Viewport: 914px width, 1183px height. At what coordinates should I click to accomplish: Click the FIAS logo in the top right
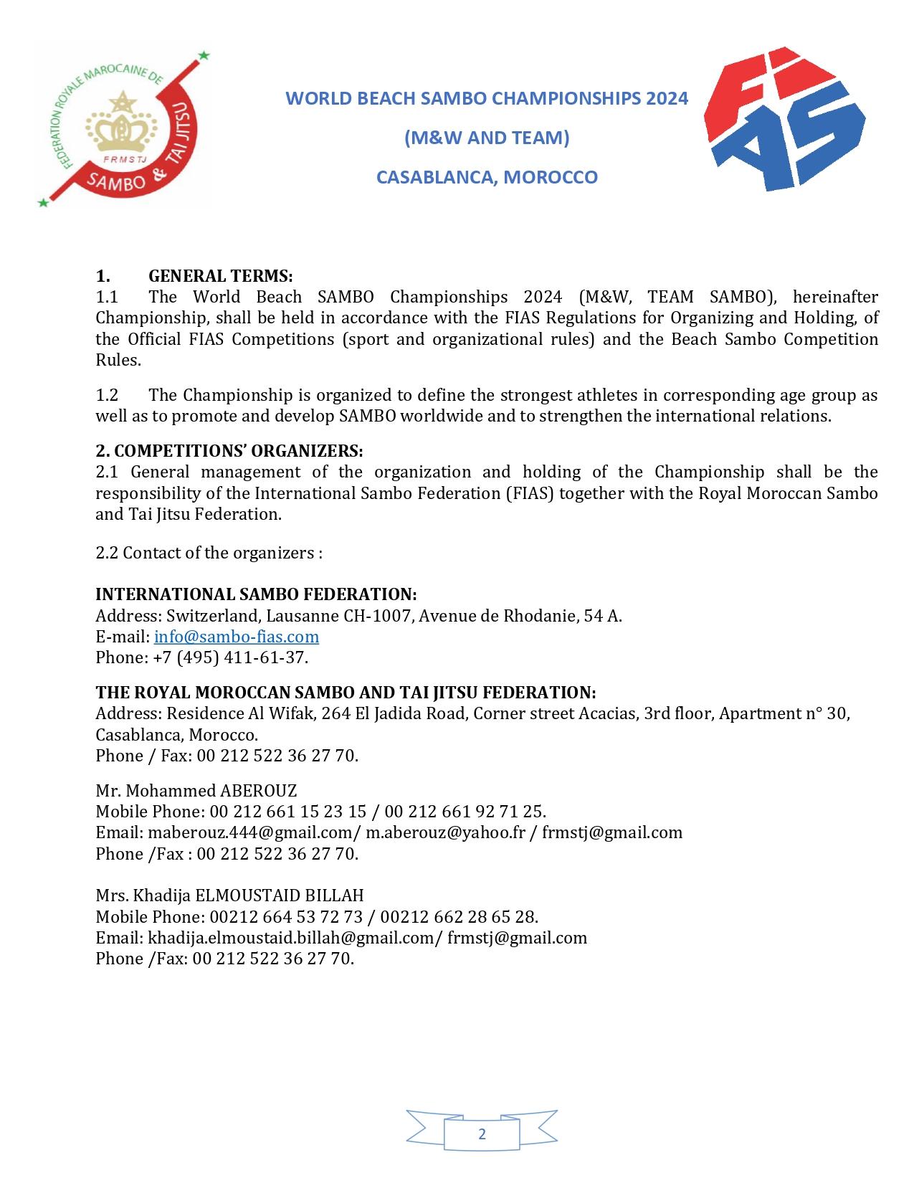[786, 119]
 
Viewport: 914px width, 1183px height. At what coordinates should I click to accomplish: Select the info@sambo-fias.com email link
[237, 637]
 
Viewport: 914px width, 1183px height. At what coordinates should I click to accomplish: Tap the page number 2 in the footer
[482, 1134]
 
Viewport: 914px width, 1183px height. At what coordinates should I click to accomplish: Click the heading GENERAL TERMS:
[220, 276]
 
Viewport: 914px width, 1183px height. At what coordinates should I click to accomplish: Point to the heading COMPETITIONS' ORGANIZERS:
[229, 451]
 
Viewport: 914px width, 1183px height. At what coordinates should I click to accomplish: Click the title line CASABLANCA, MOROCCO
[487, 177]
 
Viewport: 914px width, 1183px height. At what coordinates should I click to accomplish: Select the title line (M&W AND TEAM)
[487, 138]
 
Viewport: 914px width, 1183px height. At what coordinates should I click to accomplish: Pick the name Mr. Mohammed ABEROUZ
[196, 791]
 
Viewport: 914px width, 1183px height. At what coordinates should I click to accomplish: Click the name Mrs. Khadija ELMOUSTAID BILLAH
[229, 895]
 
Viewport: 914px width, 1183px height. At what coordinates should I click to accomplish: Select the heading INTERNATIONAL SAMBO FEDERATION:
[256, 594]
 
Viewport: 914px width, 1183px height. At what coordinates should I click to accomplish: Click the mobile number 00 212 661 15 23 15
[287, 812]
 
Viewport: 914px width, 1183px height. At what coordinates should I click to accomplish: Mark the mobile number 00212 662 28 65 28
[459, 917]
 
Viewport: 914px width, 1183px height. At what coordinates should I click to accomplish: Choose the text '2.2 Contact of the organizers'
[209, 553]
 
